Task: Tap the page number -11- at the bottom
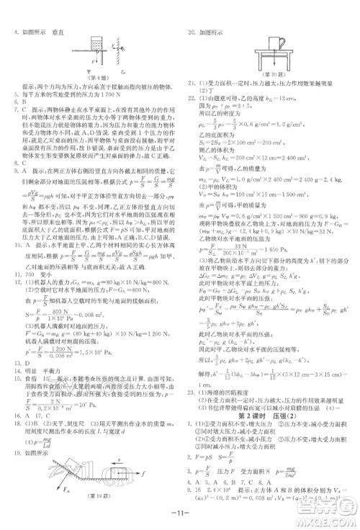click(179, 504)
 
